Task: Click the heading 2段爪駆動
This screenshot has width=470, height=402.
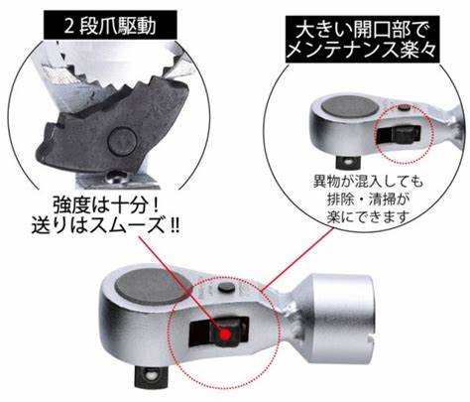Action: (x=110, y=26)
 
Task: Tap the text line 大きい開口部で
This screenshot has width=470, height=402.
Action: (x=363, y=31)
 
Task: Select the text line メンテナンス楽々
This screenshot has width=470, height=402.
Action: (x=363, y=51)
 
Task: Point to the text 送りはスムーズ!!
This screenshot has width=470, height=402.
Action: (x=105, y=226)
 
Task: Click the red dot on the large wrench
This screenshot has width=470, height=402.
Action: (x=226, y=335)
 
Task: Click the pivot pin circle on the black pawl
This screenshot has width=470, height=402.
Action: (x=122, y=142)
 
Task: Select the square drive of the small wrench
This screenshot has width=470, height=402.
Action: (x=347, y=161)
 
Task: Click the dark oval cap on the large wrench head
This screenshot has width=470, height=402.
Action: (x=153, y=286)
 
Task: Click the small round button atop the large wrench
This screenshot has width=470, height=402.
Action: (x=227, y=287)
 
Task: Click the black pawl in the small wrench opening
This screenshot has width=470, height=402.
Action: (x=399, y=135)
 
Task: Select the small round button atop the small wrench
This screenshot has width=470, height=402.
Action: (x=404, y=107)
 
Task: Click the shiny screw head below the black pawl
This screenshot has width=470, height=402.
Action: (x=117, y=178)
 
